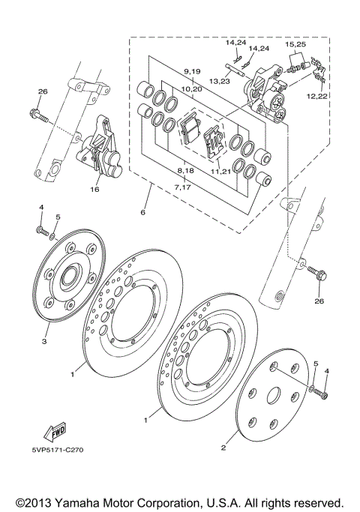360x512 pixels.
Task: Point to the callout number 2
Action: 223,448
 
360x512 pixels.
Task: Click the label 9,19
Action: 192,71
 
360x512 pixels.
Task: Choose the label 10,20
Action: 192,88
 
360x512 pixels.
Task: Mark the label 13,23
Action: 219,81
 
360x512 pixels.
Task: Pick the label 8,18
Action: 186,171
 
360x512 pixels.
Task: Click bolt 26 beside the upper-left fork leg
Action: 40,116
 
